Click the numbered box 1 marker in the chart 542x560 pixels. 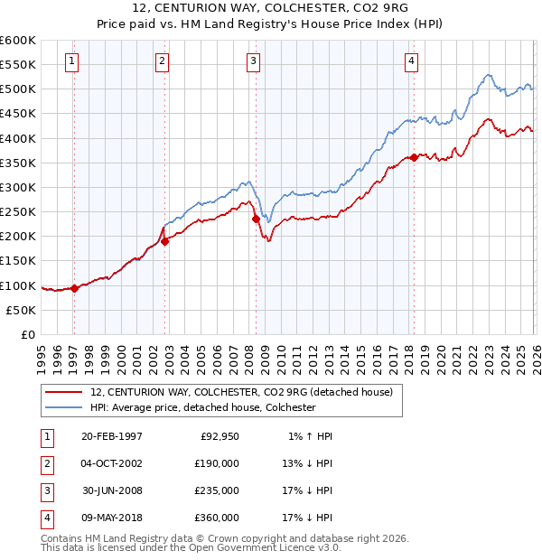(x=71, y=61)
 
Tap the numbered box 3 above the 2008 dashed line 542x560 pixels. (x=253, y=61)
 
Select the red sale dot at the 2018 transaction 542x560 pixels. (x=414, y=157)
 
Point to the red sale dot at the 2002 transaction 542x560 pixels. (x=165, y=241)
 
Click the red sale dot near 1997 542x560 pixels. (x=74, y=288)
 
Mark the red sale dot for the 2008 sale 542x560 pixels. (x=256, y=219)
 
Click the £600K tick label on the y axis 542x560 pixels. (x=18, y=41)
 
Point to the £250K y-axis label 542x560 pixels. (x=18, y=211)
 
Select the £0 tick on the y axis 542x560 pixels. (x=28, y=334)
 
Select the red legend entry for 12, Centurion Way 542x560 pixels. (x=241, y=392)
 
